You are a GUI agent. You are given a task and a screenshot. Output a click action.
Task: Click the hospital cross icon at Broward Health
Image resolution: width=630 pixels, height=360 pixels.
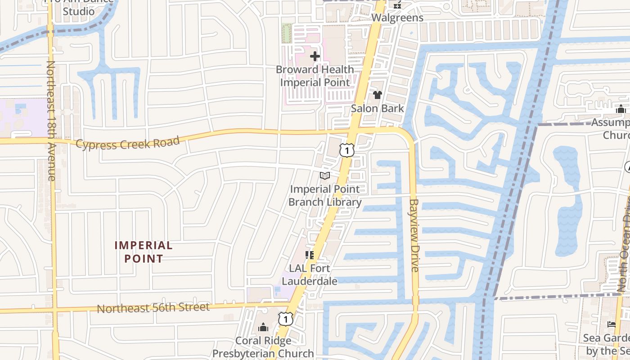tap(315, 56)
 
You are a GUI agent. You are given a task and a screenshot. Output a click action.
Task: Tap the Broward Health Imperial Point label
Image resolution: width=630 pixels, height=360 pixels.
tap(315, 76)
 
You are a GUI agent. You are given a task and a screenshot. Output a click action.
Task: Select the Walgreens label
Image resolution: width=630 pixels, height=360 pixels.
tap(397, 18)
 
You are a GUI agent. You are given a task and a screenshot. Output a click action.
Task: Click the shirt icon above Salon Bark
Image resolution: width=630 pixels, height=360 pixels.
tap(377, 95)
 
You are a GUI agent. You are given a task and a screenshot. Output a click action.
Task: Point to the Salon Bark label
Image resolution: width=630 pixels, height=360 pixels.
tap(378, 108)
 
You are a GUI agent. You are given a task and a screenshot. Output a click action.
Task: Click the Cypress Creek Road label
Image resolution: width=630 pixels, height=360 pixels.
tap(128, 143)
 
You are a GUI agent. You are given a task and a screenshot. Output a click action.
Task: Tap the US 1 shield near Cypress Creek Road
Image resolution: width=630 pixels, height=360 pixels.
tap(346, 150)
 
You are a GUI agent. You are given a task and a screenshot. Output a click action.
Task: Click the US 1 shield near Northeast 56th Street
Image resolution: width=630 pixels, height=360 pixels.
tap(286, 319)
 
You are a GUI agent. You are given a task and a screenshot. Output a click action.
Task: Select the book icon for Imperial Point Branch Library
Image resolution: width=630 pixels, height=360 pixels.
tap(324, 175)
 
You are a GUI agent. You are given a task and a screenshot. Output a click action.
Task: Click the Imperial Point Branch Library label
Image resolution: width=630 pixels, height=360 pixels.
tap(325, 196)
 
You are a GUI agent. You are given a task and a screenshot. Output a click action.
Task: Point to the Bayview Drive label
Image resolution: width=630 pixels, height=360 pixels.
tap(414, 235)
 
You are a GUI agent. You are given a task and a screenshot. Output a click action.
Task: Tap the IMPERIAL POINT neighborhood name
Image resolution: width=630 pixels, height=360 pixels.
tap(144, 252)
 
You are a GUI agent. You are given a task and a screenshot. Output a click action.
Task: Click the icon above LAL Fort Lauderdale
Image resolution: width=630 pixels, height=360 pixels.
tap(310, 255)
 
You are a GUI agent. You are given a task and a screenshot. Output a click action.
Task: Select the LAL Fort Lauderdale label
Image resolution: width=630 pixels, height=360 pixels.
tap(310, 274)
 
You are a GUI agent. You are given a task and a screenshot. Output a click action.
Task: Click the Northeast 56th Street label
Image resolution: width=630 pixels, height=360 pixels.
tap(153, 308)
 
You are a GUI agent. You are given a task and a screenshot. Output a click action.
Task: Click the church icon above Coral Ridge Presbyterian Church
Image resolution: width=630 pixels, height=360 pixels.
tap(263, 327)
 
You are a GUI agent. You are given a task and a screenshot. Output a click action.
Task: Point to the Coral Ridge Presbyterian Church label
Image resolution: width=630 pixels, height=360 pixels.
tap(263, 347)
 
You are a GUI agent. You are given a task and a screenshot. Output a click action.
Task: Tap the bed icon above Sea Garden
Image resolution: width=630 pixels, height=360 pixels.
tap(612, 324)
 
